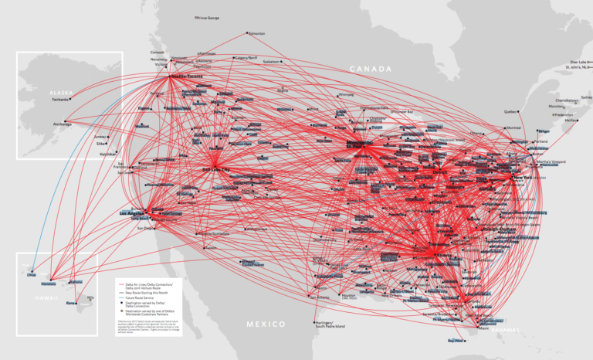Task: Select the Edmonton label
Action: tap(257, 33)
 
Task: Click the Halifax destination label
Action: tap(571, 121)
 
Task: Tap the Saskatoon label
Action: tap(272, 61)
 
